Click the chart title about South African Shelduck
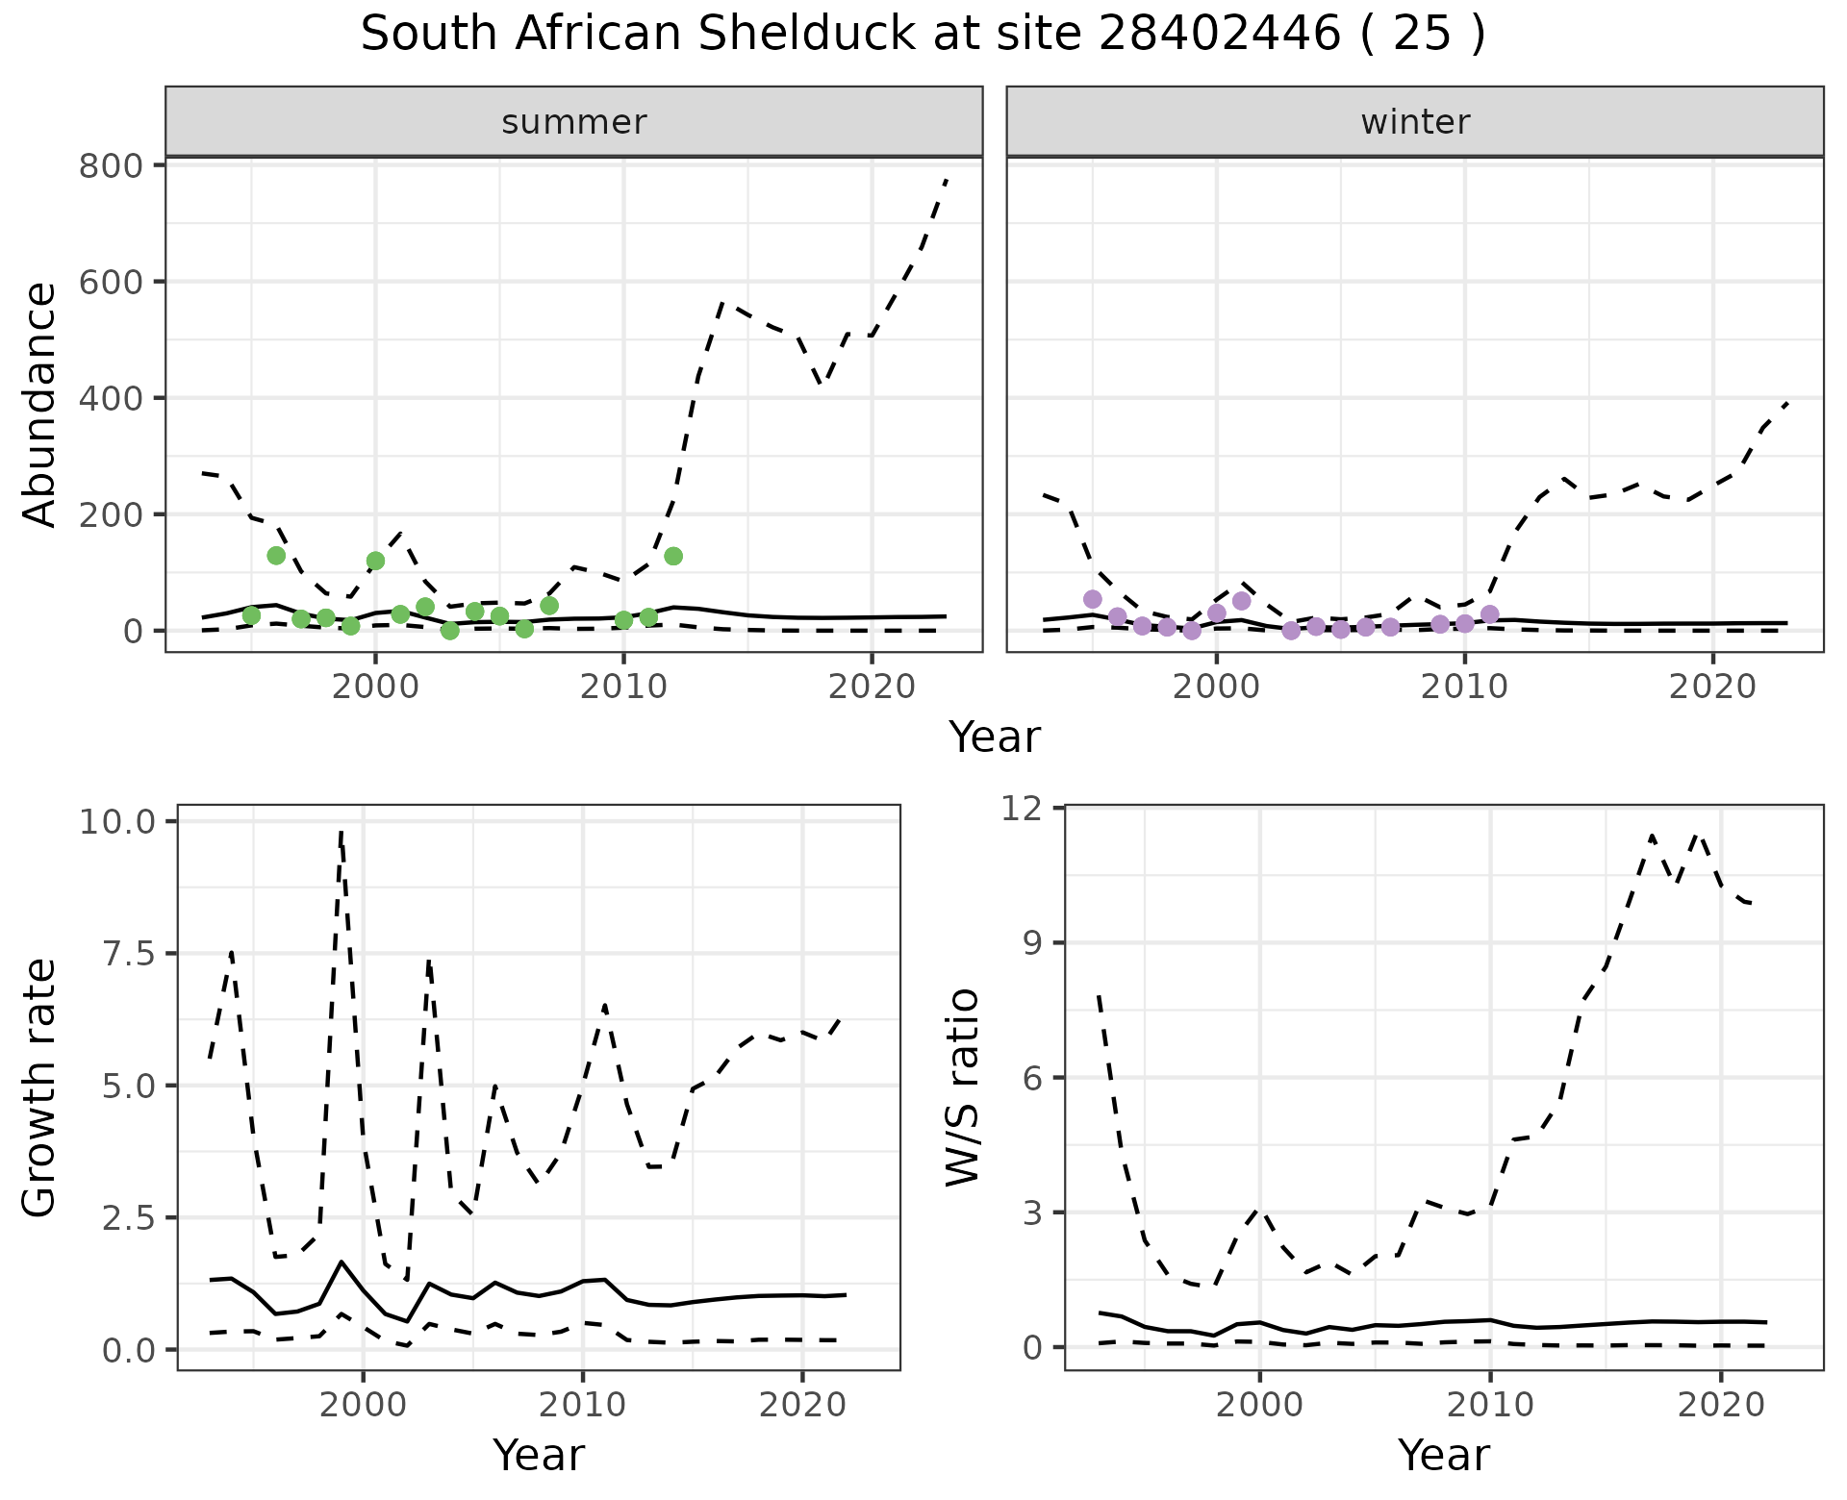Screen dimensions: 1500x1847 coord(923,35)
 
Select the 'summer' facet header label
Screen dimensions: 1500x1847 coord(574,122)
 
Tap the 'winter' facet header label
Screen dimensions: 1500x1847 coord(1415,122)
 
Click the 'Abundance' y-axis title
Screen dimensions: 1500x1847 coord(40,404)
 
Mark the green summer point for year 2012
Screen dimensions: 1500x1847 coord(673,556)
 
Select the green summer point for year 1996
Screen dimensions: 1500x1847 coord(276,556)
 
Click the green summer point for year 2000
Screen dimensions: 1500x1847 coord(376,561)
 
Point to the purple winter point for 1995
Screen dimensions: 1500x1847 coord(1093,599)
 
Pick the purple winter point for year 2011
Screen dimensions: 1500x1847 coord(1490,614)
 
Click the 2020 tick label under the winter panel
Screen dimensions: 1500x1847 coord(1712,687)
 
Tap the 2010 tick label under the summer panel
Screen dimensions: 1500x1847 coord(623,687)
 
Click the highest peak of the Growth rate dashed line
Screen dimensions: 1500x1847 coord(342,833)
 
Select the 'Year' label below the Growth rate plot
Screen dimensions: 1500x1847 coord(539,1455)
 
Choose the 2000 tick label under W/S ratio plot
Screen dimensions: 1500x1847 coord(1259,1405)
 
